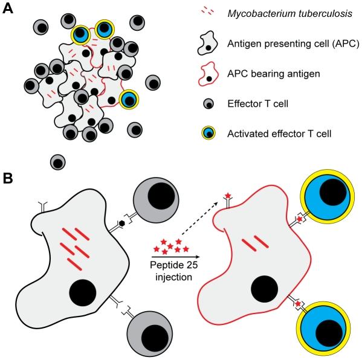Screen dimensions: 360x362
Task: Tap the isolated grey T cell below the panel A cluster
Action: pyautogui.click(x=58, y=162)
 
